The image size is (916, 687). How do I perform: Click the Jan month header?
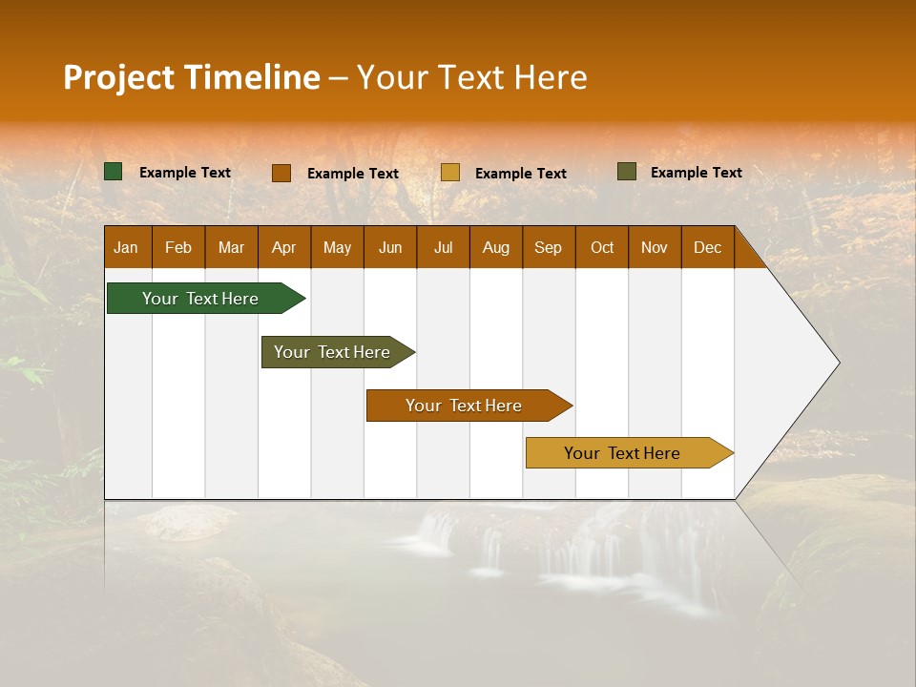coord(127,247)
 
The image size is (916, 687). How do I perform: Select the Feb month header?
coord(178,247)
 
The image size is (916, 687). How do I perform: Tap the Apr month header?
coord(284,247)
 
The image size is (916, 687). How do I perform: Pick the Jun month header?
coord(390,247)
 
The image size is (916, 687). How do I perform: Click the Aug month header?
coord(496,247)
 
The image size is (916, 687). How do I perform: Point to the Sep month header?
coord(549,247)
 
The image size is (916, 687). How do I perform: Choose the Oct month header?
coord(602,247)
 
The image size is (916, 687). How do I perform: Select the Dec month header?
coord(708,247)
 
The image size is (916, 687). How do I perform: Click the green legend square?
coord(114,172)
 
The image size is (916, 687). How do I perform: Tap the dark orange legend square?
coord(281,173)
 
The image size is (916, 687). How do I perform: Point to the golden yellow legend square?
coord(450,173)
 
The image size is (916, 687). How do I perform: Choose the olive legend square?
coord(627,172)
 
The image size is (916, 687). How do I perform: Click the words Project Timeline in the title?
coord(192,77)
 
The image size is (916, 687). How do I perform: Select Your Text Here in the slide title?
coord(471,77)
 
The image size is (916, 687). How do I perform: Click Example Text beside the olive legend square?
coord(696,173)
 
